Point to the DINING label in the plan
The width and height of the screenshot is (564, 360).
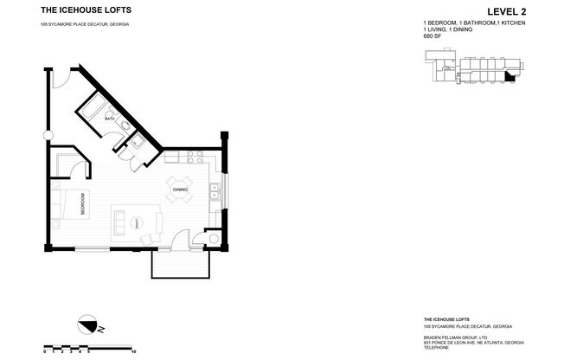[180, 189]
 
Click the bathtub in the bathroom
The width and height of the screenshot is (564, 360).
[93, 111]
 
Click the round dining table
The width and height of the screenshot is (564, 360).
[180, 196]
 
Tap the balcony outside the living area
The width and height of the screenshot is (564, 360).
[180, 263]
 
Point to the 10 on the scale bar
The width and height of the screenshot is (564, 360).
[133, 352]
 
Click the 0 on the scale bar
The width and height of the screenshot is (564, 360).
[45, 352]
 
